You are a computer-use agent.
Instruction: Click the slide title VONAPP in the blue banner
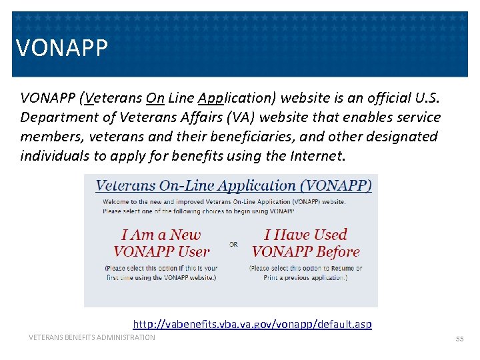click(x=61, y=48)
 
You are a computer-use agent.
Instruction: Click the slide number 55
click(x=459, y=339)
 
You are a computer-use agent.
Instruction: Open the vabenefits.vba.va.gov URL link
click(x=252, y=325)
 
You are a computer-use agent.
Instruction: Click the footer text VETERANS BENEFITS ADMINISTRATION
click(x=91, y=337)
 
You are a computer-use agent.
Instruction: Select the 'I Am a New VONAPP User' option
click(x=161, y=243)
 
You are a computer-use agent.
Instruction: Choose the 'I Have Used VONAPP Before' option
click(x=305, y=243)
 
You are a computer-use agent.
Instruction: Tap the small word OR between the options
click(x=233, y=245)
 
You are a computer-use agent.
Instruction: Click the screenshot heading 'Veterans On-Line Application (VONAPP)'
click(x=233, y=186)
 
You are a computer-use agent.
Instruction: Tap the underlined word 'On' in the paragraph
click(x=155, y=98)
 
